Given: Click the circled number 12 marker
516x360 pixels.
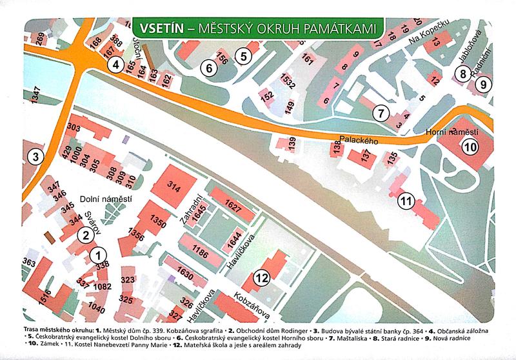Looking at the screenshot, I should [261, 278].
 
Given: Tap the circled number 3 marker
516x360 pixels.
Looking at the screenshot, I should [37, 156].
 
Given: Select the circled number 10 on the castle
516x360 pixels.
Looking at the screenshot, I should [470, 146].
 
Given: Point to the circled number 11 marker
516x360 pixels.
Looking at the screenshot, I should [405, 200].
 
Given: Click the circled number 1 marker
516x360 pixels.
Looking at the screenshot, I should [98, 254].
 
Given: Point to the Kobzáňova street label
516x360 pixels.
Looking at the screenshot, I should [248, 307].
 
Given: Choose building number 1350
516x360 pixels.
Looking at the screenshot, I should [159, 221].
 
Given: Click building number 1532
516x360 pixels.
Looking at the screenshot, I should [288, 81].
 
